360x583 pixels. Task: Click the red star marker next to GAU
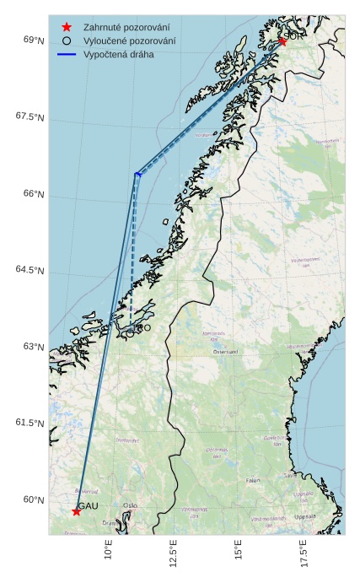(x=77, y=511)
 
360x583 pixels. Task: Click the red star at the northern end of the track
(x=282, y=41)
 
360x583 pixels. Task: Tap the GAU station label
(x=89, y=505)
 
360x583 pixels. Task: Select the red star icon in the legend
(x=67, y=27)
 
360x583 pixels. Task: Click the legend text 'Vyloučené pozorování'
(x=129, y=40)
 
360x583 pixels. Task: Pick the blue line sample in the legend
(x=67, y=54)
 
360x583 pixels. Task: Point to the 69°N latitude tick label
(x=34, y=40)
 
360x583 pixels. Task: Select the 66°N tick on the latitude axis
(x=34, y=194)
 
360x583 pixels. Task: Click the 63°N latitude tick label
(x=34, y=347)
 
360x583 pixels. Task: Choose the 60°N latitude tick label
(x=34, y=499)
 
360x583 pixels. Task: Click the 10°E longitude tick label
(x=109, y=550)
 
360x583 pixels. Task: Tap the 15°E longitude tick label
(x=239, y=550)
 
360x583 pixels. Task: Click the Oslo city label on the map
(x=130, y=506)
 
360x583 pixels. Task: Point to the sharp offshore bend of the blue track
(x=137, y=175)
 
